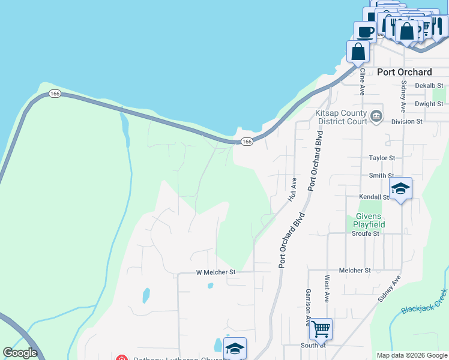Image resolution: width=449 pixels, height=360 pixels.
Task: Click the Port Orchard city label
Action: point(404,72)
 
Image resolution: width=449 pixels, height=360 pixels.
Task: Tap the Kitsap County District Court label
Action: point(340,117)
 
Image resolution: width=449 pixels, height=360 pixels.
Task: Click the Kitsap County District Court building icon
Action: point(376,115)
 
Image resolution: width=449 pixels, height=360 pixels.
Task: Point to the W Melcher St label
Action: point(216,272)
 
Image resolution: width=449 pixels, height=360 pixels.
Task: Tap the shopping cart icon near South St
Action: point(321,328)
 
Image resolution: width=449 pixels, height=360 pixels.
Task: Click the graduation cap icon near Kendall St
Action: point(400,188)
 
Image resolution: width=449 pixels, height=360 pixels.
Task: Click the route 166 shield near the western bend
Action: point(55,94)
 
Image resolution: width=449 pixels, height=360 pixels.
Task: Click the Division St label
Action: point(407,121)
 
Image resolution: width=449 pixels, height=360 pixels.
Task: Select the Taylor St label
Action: point(382,158)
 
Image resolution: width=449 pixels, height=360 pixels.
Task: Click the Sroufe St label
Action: point(365,233)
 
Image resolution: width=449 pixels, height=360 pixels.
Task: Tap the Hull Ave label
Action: point(293,188)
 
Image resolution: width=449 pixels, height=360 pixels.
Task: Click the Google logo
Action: point(20,353)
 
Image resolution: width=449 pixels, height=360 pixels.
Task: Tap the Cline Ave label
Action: point(362,82)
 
